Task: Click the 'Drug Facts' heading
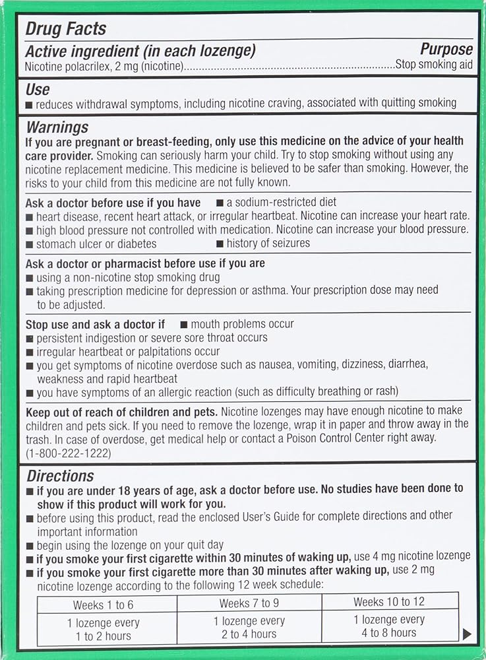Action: coord(65,28)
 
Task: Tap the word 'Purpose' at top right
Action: coord(446,49)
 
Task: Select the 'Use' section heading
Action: coord(38,88)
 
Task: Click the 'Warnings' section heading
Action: coord(57,127)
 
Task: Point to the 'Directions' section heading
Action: coord(60,475)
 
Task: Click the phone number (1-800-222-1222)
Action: coord(69,453)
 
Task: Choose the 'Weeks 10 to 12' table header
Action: coord(389,601)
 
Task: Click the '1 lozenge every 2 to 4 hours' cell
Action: coord(249,628)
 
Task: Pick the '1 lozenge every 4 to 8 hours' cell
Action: coord(389,626)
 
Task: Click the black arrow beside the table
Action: coord(467,634)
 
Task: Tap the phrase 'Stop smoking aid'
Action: coord(433,65)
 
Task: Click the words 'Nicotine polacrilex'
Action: coord(65,66)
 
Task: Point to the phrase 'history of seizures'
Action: coord(268,244)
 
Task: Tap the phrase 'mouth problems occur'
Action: coord(242,324)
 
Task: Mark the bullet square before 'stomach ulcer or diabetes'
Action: coord(29,244)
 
